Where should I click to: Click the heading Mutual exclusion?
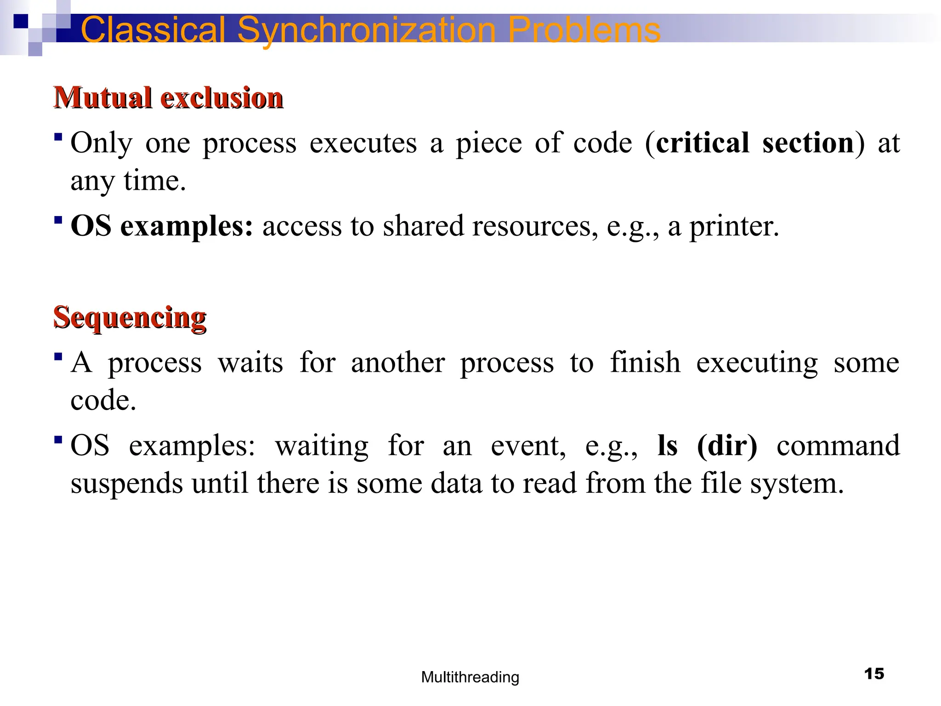(168, 98)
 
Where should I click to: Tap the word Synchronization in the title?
(367, 30)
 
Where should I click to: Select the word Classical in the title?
(153, 30)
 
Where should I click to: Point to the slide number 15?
(874, 674)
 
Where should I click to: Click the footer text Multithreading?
(470, 677)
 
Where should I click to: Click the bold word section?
(808, 143)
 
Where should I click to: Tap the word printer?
(734, 226)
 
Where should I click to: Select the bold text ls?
(667, 445)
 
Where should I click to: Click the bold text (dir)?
(727, 445)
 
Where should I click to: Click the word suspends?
(127, 484)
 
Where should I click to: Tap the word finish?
(645, 362)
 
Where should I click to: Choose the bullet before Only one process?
(58, 137)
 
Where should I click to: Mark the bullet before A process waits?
(58, 356)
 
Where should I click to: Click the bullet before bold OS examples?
(58, 220)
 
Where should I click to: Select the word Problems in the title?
(584, 30)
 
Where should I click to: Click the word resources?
(535, 226)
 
